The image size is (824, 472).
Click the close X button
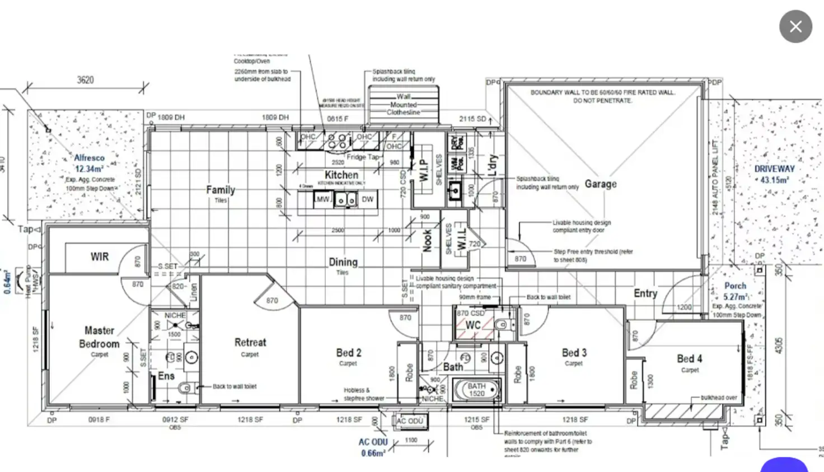tap(795, 26)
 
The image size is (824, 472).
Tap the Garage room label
tap(601, 184)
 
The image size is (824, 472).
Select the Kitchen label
tap(341, 175)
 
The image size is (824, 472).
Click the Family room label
tap(221, 190)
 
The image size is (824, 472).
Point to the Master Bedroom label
tap(99, 337)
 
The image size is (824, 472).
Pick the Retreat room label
tap(250, 342)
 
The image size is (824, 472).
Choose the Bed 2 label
tap(348, 353)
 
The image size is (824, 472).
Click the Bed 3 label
tap(574, 353)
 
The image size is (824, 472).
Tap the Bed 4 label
tap(689, 359)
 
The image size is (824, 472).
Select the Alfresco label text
tap(89, 158)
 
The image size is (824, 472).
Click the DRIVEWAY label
tap(774, 169)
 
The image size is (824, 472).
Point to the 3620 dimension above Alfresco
tap(85, 80)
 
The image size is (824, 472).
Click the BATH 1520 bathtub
tap(476, 390)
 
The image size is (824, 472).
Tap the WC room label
tap(473, 325)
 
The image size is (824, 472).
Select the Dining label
tap(343, 262)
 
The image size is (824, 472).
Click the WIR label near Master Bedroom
tap(100, 257)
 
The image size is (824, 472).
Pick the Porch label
tap(735, 286)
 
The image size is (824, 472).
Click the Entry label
tap(645, 293)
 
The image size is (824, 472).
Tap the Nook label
tap(427, 241)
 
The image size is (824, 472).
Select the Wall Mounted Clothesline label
tap(404, 105)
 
